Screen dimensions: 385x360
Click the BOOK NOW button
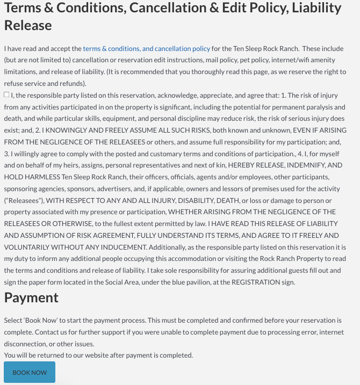tap(30, 372)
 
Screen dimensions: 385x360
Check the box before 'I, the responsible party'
tap(6, 95)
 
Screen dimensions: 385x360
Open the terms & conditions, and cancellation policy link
tap(146, 48)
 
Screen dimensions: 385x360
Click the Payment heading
tap(31, 297)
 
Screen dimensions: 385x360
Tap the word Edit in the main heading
tap(267, 8)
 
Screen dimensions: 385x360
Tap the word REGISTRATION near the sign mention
tap(249, 282)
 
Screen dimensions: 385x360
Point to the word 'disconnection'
tap(27, 344)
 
